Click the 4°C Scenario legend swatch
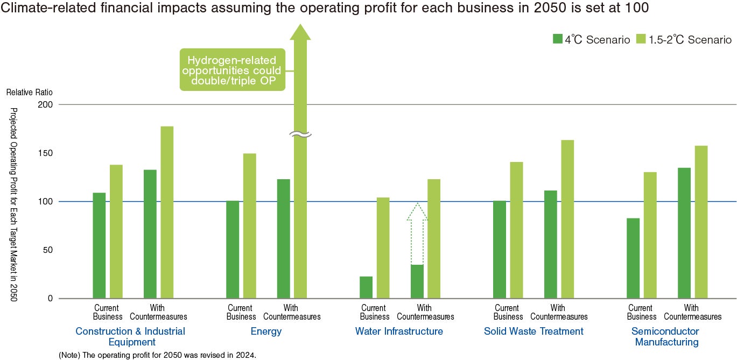tap(557, 39)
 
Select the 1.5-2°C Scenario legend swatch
tap(641, 39)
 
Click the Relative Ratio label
tap(30, 93)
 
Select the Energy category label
tap(266, 331)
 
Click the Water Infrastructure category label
tap(399, 331)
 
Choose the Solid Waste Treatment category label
tap(534, 331)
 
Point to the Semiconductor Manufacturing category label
tap(665, 336)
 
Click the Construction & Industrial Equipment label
tap(130, 336)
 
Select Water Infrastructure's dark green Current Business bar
tap(366, 287)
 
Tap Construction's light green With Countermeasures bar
tap(167, 213)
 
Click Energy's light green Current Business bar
tap(249, 226)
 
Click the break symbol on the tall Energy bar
tap(300, 135)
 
